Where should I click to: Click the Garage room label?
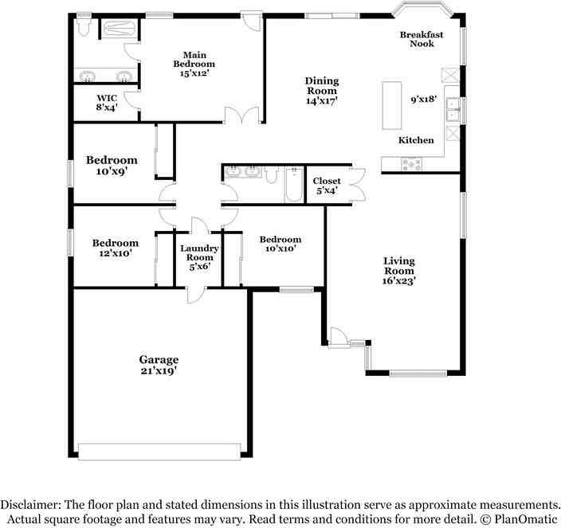click(159, 359)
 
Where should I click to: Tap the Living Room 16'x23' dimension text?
click(398, 281)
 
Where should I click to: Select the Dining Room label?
click(322, 86)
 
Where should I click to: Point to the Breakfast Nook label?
click(422, 39)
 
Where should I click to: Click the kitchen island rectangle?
click(392, 105)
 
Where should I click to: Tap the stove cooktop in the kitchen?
click(411, 164)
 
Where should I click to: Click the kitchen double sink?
click(453, 110)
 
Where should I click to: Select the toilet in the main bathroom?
click(84, 27)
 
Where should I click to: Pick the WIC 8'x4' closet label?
click(107, 103)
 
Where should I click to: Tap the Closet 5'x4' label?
click(326, 186)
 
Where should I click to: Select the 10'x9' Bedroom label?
click(112, 165)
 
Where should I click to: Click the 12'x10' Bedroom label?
click(116, 248)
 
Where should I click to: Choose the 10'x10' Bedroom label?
click(280, 244)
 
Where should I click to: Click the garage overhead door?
click(159, 452)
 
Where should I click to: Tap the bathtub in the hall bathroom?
click(294, 185)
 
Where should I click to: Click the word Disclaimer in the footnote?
click(30, 505)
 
